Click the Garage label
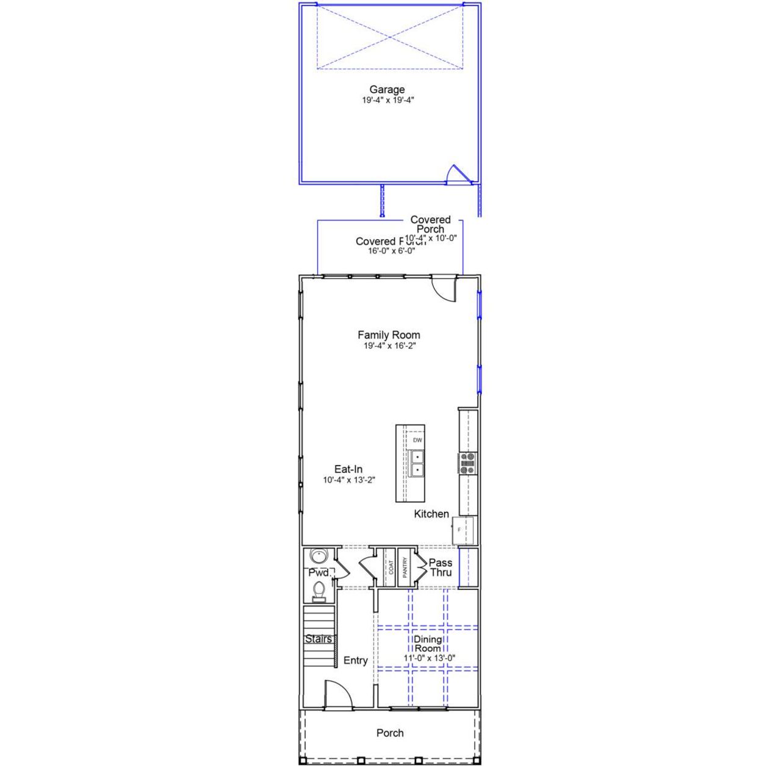(x=387, y=90)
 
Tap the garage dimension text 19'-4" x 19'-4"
(x=388, y=100)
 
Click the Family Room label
(x=389, y=335)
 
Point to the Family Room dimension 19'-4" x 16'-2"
(x=389, y=346)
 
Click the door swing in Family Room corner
(x=444, y=288)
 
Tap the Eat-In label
(x=348, y=469)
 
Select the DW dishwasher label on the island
(x=417, y=440)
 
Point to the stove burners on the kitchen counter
(x=467, y=463)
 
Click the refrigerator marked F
(x=462, y=530)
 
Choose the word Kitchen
(x=431, y=514)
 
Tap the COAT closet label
(x=391, y=567)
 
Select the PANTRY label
(x=405, y=567)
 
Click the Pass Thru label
(x=441, y=567)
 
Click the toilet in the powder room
(x=319, y=590)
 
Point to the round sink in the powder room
(x=319, y=556)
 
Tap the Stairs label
(x=319, y=639)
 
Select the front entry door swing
(x=337, y=695)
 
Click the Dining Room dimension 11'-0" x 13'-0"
(x=430, y=658)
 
